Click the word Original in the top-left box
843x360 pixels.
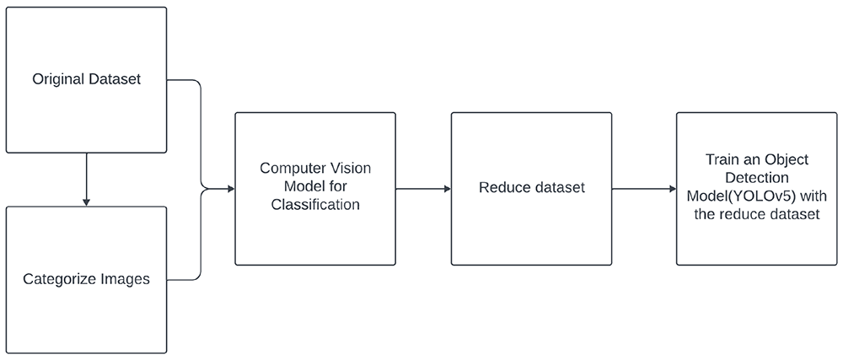56,79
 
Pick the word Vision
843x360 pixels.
351,168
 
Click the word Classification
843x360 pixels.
315,204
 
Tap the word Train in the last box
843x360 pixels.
721,159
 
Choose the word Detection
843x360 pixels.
756,178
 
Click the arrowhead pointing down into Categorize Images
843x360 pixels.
86,202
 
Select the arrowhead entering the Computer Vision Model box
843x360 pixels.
231,189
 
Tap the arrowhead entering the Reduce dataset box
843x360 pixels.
447,189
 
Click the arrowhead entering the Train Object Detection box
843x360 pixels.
672,189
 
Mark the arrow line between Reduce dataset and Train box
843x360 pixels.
643,189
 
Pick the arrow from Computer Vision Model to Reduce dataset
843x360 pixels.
423,189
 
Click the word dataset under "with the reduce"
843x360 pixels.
797,214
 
